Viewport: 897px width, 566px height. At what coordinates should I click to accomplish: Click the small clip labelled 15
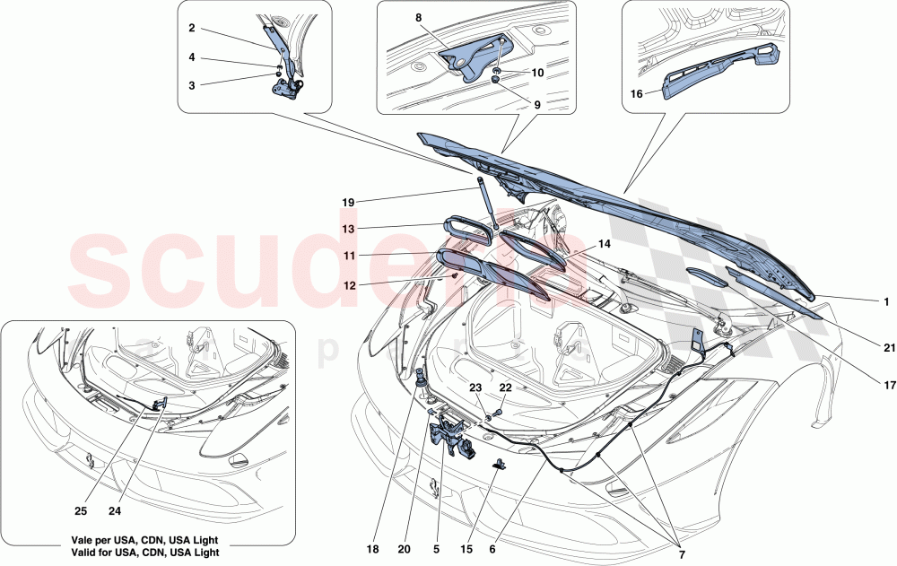tap(500, 464)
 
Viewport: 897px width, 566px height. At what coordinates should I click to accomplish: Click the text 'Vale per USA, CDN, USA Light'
tap(145, 541)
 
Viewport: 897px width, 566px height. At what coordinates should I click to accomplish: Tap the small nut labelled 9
tap(495, 81)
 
